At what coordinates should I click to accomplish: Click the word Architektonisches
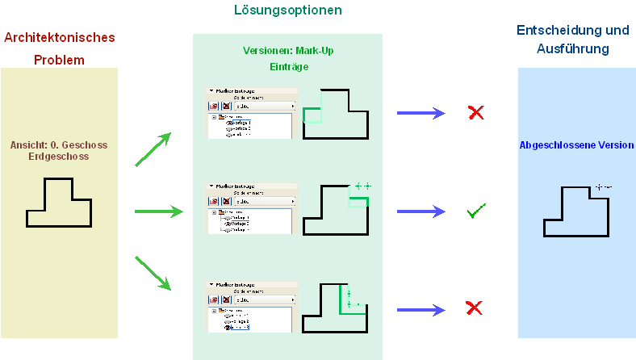(60, 38)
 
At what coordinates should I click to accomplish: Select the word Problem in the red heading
(59, 61)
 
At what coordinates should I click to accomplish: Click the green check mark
(476, 212)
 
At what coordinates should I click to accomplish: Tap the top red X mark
(476, 112)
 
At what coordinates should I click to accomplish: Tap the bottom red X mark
(475, 308)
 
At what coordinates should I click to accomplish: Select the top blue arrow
(422, 112)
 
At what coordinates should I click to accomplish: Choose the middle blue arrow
(422, 212)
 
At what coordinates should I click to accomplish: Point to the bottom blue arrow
(422, 309)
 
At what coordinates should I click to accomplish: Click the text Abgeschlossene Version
(576, 146)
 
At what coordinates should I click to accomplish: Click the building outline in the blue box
(575, 211)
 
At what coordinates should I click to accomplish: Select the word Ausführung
(572, 49)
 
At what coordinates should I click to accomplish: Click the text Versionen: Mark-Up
(288, 51)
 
